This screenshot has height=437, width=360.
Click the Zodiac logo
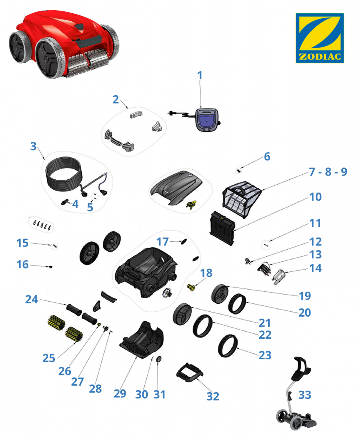(x=320, y=38)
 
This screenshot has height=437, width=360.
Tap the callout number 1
(x=199, y=75)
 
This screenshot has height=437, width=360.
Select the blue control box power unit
(x=207, y=120)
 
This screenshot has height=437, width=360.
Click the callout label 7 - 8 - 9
(x=328, y=172)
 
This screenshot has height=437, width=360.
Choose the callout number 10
(x=315, y=197)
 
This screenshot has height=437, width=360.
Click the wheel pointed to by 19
(x=220, y=293)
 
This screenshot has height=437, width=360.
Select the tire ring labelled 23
(x=228, y=346)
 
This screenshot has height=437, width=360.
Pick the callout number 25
(x=49, y=358)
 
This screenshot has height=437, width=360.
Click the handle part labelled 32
(x=190, y=372)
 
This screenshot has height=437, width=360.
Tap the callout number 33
(x=304, y=395)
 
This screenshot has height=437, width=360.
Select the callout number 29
(x=120, y=394)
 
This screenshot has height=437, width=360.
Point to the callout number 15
(x=22, y=243)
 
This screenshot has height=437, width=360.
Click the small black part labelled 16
(x=51, y=267)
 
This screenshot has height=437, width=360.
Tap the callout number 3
(x=33, y=146)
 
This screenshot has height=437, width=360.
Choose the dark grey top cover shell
(x=176, y=188)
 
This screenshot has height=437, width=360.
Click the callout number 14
(x=315, y=268)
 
